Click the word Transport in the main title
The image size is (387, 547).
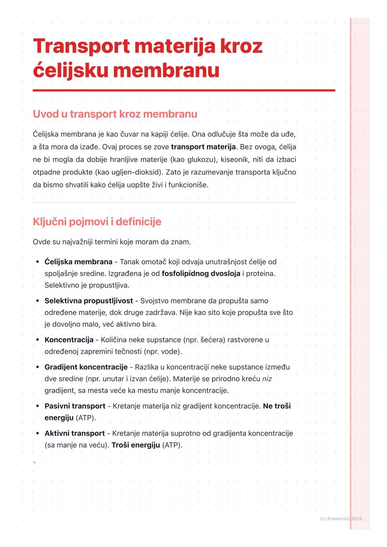[81, 47]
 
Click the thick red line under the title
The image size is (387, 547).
[184, 91]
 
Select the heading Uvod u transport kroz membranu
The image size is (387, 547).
[115, 114]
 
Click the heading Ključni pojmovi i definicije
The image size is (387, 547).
[97, 222]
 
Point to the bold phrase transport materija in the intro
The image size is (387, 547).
[203, 147]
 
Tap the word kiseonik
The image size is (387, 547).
[234, 160]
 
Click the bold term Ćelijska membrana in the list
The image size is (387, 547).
[78, 262]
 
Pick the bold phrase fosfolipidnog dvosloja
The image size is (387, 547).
[201, 274]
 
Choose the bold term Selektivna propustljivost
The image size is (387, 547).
[89, 301]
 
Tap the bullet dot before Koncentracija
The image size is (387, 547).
[37, 340]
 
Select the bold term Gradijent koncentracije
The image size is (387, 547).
[86, 367]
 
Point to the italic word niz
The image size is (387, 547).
[267, 379]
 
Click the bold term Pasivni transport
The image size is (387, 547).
[75, 406]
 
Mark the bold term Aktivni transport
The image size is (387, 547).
[75, 434]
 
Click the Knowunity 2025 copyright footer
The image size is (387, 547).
[341, 519]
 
